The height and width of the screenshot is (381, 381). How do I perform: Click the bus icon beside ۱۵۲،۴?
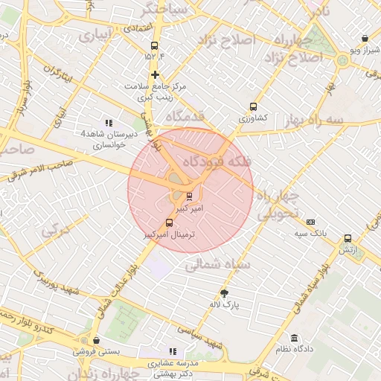tap(155, 44)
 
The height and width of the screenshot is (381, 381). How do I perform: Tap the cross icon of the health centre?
tap(155, 74)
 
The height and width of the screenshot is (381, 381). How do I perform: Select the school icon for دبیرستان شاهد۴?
tap(109, 123)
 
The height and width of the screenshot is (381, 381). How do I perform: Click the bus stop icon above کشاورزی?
tap(254, 106)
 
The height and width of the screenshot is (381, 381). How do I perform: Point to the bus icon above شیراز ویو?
tap(364, 39)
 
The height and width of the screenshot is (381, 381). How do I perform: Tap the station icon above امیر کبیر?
tap(188, 196)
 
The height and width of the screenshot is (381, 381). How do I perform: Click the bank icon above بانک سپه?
tap(310, 222)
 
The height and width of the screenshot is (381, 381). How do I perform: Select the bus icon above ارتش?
tap(348, 239)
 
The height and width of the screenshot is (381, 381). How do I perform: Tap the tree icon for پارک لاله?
tap(224, 293)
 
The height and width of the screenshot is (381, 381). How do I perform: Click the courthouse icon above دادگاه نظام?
tap(295, 337)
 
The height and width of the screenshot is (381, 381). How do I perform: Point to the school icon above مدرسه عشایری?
tap(173, 351)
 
